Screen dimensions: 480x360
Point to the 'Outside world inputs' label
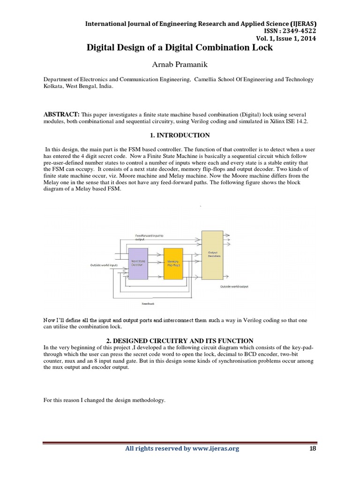(104, 265)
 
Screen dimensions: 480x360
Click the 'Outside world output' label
(234, 286)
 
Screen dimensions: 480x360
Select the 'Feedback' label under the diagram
(148, 304)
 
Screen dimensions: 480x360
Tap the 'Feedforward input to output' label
(149, 237)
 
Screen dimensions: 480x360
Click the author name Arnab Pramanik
(180, 63)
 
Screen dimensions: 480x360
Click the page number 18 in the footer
(313, 449)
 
